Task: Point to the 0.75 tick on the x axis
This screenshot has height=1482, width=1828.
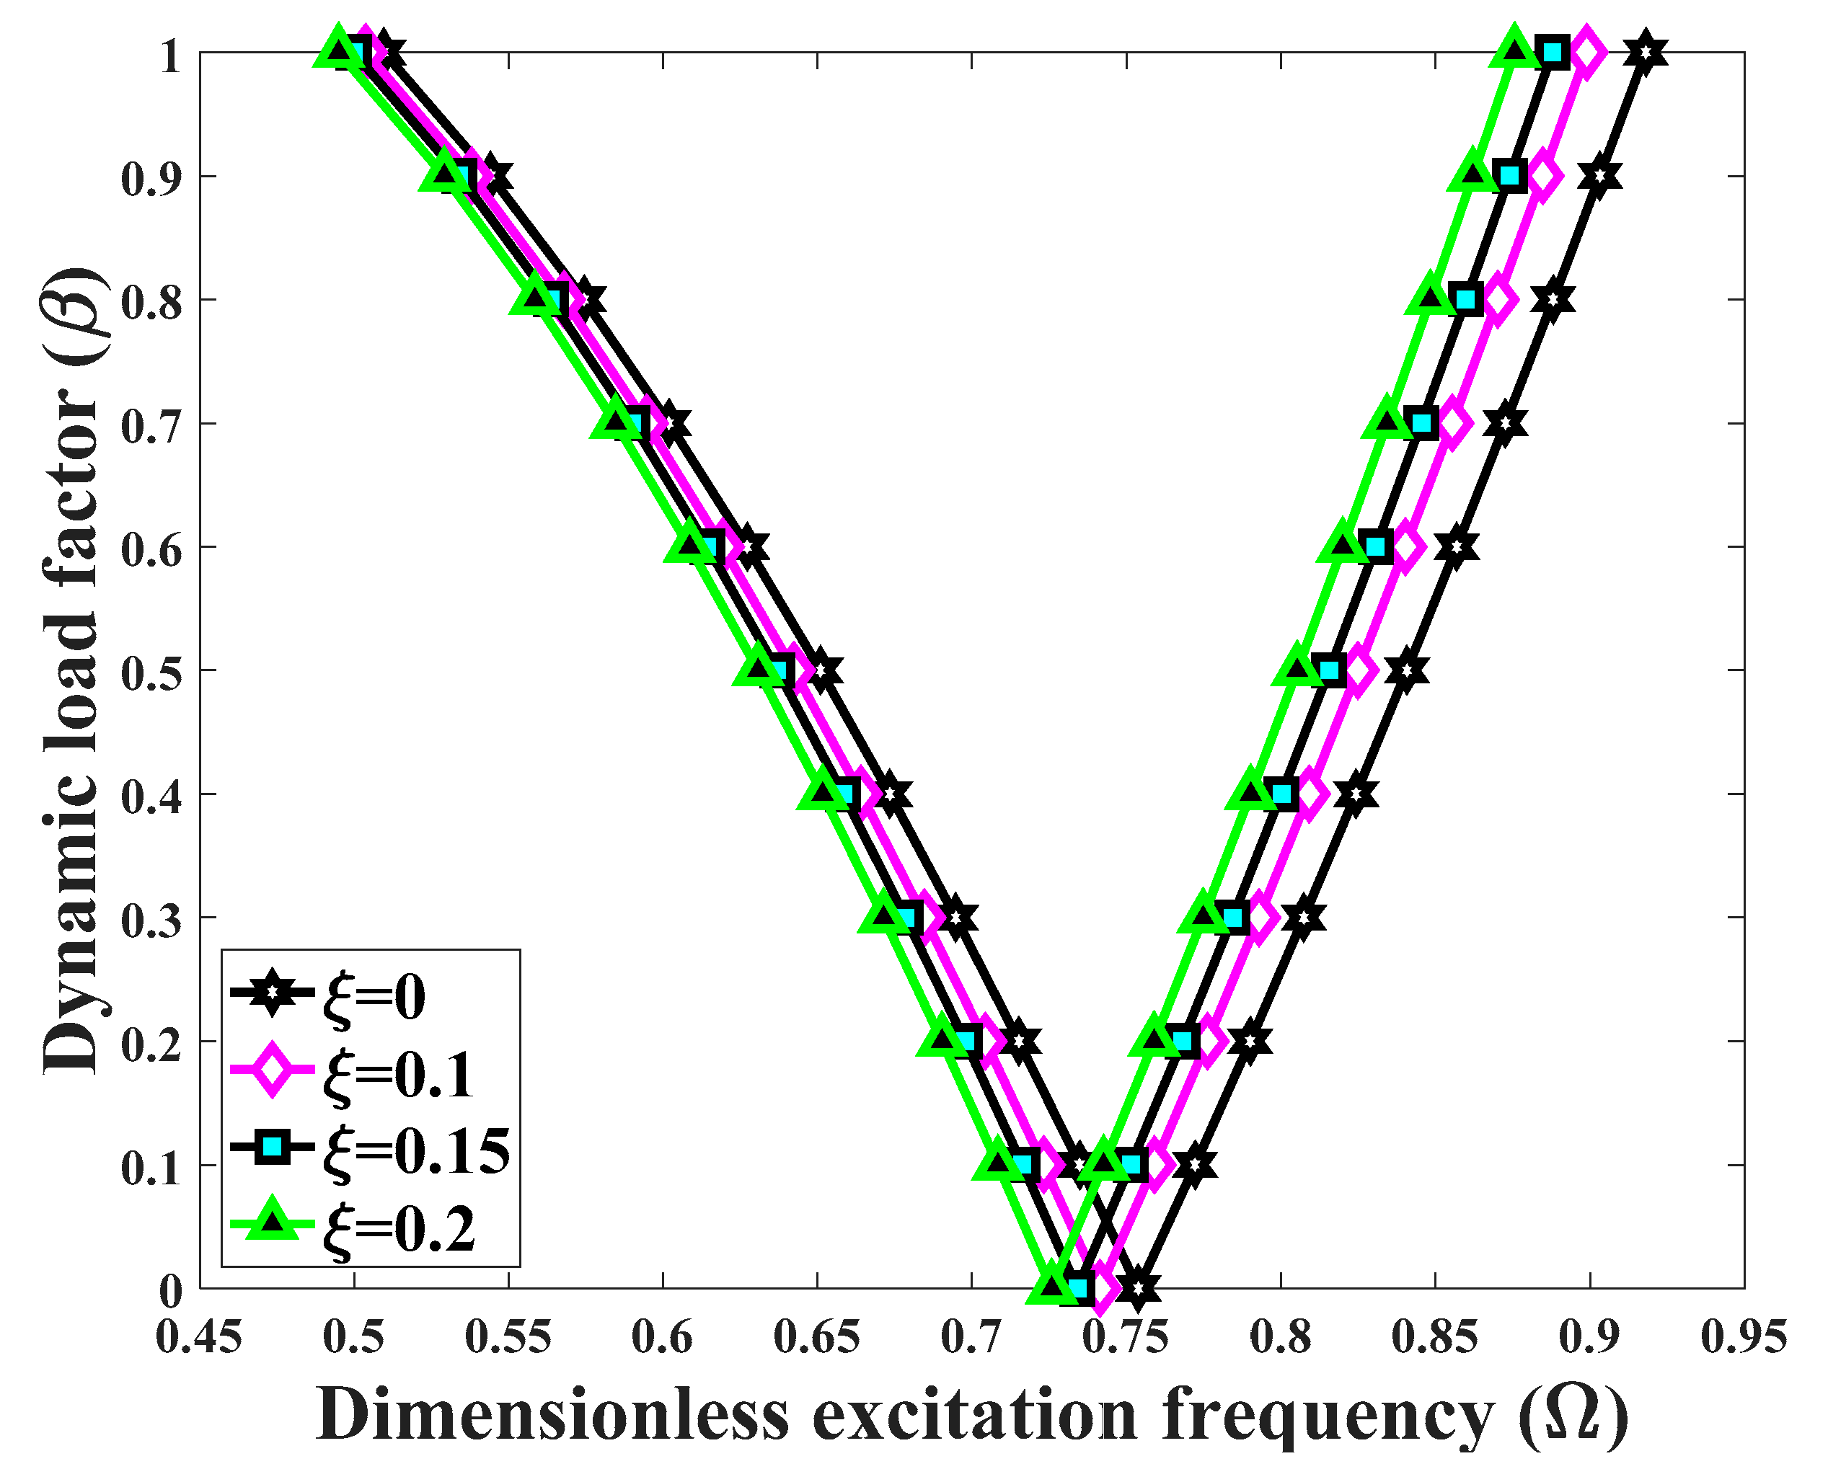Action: [x=1126, y=1337]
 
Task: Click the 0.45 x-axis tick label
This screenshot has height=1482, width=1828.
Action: [x=199, y=1337]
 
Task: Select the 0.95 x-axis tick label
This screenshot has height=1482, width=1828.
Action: [x=1744, y=1337]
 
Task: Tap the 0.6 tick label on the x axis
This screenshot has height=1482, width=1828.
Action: [x=663, y=1337]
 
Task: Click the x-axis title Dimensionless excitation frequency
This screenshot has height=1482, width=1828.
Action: [x=971, y=1417]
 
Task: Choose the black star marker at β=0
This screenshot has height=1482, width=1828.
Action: [x=1137, y=1288]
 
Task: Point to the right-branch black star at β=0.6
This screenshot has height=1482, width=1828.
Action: [x=1457, y=547]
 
